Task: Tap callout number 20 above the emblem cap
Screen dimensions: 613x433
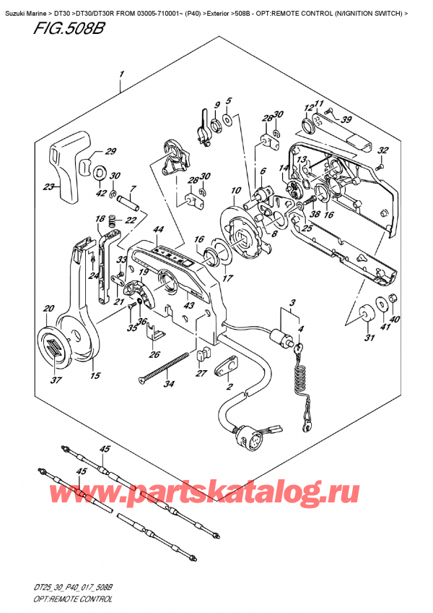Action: coord(48,309)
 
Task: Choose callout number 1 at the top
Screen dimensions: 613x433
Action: coord(123,74)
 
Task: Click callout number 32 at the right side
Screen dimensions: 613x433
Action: coord(383,150)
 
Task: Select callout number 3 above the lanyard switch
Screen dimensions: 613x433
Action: coord(292,302)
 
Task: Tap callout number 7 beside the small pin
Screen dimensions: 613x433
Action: coord(132,189)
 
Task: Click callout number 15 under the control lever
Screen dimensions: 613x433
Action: coord(95,375)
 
